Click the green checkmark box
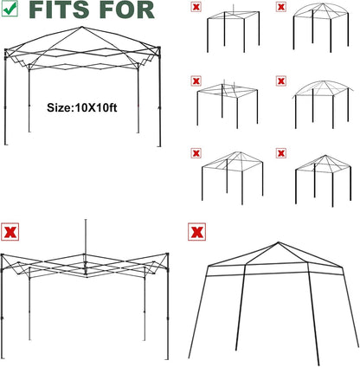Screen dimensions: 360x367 click(x=10, y=9)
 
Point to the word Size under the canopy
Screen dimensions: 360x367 click(x=57, y=107)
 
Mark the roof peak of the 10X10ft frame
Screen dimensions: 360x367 click(x=81, y=27)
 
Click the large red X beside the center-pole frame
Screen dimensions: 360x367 click(x=10, y=232)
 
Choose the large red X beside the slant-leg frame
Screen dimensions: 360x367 click(x=196, y=231)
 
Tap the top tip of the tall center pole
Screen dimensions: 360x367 click(x=86, y=220)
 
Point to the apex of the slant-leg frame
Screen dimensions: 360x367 click(x=279, y=242)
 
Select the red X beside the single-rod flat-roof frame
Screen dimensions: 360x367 click(x=196, y=7)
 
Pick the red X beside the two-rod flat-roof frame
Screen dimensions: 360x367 click(x=196, y=81)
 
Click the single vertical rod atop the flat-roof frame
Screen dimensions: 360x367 click(x=234, y=9)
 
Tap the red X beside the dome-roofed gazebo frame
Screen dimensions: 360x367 click(x=280, y=7)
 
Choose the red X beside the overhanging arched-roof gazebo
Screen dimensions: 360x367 click(x=280, y=81)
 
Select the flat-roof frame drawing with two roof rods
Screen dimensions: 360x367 click(x=228, y=105)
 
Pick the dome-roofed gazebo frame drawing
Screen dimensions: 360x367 click(x=321, y=28)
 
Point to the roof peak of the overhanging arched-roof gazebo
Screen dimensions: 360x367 click(x=323, y=81)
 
